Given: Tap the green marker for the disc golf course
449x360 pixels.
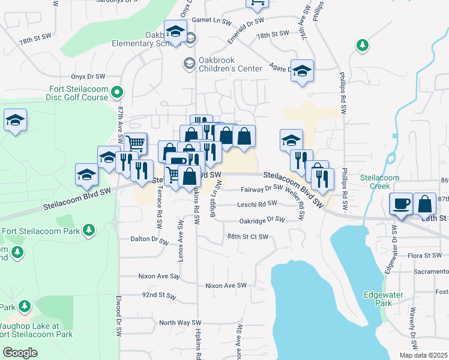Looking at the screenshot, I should click(x=118, y=92).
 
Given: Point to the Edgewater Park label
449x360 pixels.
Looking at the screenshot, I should click(x=378, y=299).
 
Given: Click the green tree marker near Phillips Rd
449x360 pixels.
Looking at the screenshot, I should click(x=362, y=45).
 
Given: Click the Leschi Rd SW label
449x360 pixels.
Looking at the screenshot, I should click(x=237, y=205).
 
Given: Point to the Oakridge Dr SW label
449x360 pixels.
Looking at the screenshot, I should click(x=262, y=220).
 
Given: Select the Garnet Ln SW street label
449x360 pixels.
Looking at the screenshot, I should click(x=211, y=20).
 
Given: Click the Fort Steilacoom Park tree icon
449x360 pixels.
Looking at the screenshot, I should click(x=89, y=230).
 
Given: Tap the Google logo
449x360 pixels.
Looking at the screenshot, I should click(x=20, y=353).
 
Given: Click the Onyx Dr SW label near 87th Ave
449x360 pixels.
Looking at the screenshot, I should click(x=88, y=76).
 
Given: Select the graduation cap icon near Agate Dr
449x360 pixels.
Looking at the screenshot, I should click(x=303, y=70).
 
